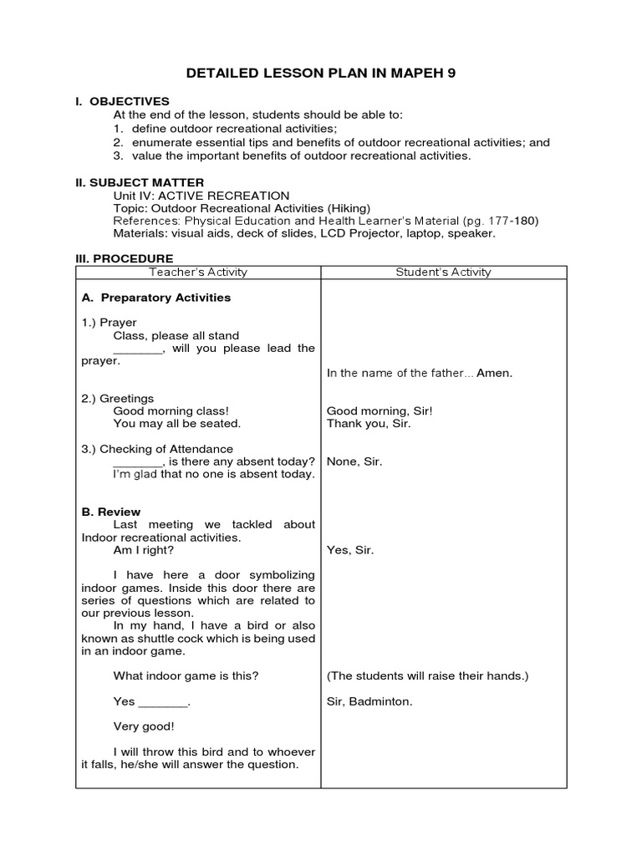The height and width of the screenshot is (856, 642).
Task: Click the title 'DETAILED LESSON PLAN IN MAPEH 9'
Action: coord(321,74)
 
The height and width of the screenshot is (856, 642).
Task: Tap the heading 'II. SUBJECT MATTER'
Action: coord(140,182)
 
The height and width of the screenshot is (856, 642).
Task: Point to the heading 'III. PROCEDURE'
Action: coord(125,259)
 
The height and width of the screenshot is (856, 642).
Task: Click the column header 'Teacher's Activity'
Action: coord(198,273)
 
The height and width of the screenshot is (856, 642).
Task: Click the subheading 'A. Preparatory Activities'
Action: coord(156,298)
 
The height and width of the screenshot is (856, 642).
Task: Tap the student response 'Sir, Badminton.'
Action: coord(369,701)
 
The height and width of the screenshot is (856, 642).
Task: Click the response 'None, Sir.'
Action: coord(354,461)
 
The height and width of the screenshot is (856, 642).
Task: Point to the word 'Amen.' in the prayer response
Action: coord(494,374)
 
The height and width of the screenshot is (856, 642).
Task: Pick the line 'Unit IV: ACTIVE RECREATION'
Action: coord(201,196)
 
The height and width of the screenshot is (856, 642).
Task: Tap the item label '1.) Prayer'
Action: coord(110,323)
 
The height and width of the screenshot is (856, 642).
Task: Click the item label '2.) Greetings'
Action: coord(118,399)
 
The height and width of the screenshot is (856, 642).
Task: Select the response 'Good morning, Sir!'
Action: coord(380,411)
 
